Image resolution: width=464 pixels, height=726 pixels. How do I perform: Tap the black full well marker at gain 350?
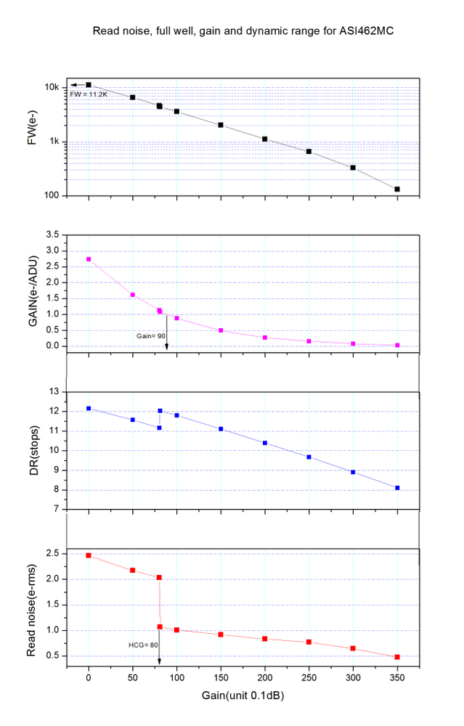(397, 189)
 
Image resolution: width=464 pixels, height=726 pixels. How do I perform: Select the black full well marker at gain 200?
(265, 139)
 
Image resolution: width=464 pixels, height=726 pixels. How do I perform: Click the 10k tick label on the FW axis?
(51, 87)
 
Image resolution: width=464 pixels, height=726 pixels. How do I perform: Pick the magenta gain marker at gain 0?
(89, 259)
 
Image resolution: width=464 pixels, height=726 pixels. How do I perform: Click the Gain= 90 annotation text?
(151, 336)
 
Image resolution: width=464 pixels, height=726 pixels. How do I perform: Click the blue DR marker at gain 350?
(397, 488)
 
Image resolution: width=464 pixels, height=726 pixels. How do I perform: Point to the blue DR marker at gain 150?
(221, 429)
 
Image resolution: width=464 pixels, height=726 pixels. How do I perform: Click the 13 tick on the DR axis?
(54, 392)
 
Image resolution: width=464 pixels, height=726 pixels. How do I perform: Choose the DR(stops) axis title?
(33, 450)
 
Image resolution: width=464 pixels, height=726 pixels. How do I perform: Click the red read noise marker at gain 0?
(89, 555)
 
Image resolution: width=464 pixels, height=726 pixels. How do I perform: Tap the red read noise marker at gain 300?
(353, 648)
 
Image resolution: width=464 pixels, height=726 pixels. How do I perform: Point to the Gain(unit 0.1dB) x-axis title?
(243, 696)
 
